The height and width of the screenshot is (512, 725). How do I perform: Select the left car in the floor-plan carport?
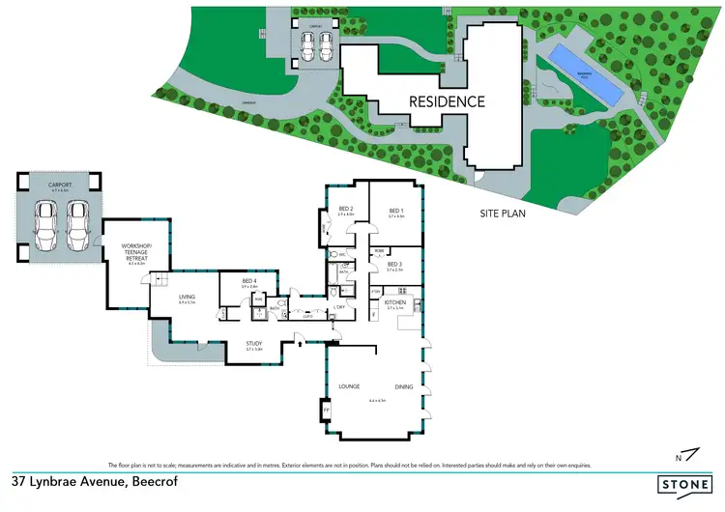coord(44,225)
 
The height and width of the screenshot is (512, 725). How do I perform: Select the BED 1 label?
coord(396,210)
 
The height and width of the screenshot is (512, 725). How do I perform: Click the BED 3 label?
coord(393,264)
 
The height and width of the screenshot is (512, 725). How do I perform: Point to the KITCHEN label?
coord(394,302)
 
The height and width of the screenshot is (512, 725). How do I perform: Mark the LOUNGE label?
coord(349,386)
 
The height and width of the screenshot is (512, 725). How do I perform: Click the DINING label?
coord(404,386)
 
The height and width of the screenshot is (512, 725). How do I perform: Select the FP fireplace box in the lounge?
coord(326,410)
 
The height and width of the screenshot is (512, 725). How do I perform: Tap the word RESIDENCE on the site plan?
coord(446,100)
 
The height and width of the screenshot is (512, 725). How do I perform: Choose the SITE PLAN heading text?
coord(503,213)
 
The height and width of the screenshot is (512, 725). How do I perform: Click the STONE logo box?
coord(683,485)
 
